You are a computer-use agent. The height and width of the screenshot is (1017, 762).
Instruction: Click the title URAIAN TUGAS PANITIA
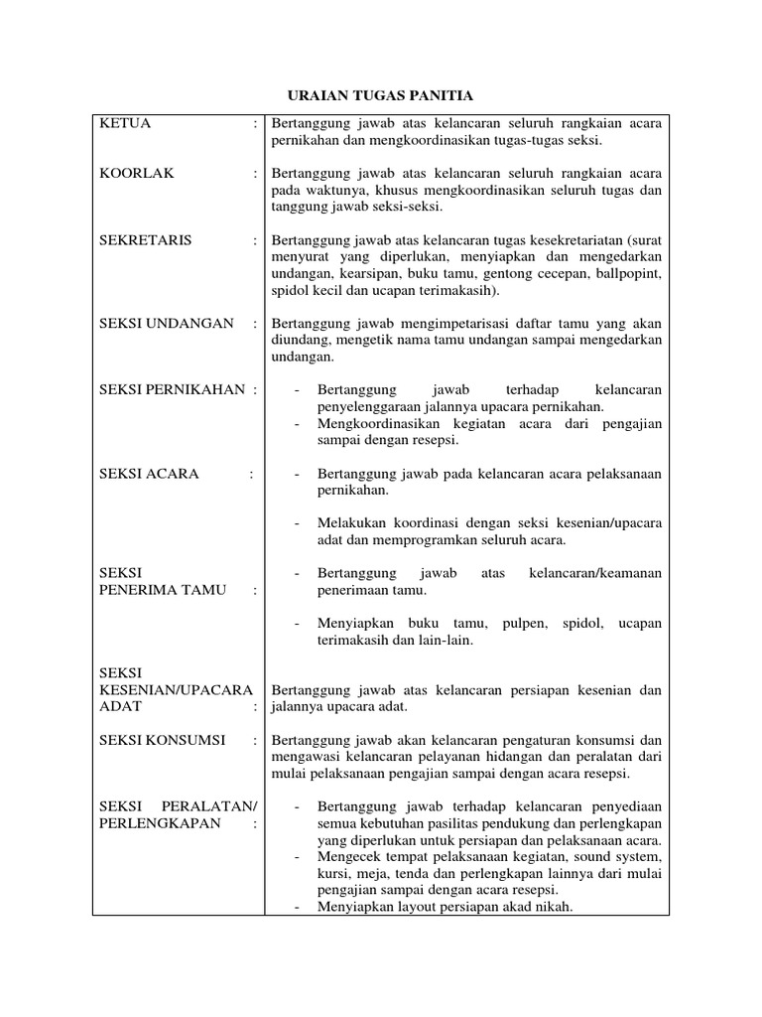[380, 95]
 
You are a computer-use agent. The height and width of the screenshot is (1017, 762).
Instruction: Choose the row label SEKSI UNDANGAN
[167, 324]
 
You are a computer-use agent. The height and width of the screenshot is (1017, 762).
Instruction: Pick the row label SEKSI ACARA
[150, 474]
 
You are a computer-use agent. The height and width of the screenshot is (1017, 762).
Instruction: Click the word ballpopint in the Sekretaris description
[626, 274]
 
